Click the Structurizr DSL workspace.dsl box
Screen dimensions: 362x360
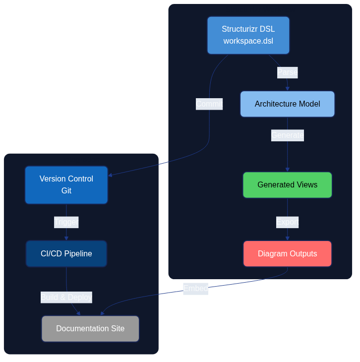tap(248, 35)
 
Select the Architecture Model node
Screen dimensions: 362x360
tap(287, 104)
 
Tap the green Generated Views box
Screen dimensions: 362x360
tap(287, 185)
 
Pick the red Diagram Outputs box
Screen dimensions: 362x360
tap(287, 254)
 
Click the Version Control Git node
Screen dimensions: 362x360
tap(66, 185)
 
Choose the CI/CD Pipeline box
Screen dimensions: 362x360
tap(66, 254)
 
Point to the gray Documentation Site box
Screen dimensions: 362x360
tap(90, 329)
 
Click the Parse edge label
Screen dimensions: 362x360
tap(287, 72)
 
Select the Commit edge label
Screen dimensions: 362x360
tap(209, 104)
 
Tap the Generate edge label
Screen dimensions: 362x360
tap(287, 135)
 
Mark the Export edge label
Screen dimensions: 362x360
tap(287, 222)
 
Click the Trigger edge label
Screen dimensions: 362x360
tap(66, 222)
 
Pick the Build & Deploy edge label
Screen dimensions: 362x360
tap(66, 298)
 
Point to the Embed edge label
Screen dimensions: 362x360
tap(195, 289)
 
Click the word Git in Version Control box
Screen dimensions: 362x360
tap(66, 191)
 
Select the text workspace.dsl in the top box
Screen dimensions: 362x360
tap(248, 41)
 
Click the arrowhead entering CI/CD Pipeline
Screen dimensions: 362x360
tap(66, 238)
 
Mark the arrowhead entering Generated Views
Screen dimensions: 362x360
tap(287, 170)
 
